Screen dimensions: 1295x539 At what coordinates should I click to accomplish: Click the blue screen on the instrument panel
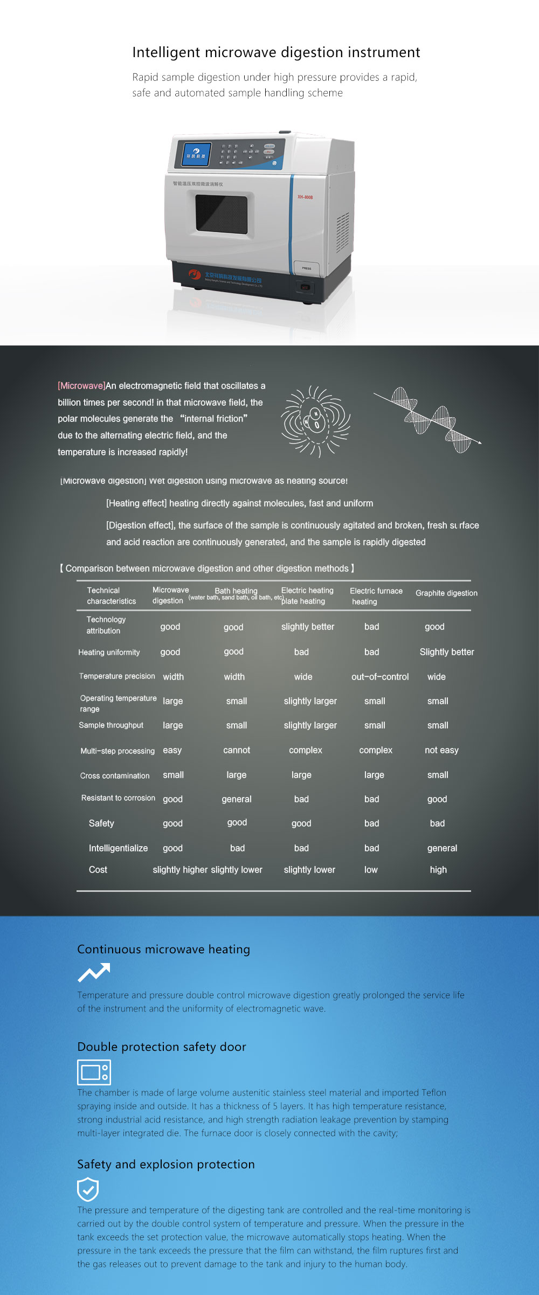[196, 154]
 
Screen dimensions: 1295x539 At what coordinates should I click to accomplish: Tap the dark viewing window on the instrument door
[222, 214]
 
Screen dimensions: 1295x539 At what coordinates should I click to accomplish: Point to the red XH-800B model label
[305, 197]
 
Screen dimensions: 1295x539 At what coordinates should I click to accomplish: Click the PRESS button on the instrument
[307, 268]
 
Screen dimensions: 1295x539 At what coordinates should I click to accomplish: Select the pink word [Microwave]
[81, 386]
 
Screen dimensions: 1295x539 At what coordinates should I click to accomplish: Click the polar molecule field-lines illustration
[316, 421]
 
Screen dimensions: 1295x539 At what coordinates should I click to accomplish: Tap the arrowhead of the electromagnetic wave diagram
[478, 442]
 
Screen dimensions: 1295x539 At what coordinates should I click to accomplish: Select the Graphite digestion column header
[446, 593]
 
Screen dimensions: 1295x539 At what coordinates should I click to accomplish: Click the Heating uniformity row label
[109, 652]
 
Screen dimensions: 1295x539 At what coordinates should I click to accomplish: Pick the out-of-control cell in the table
[380, 677]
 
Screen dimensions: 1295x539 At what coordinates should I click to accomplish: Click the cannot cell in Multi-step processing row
[237, 750]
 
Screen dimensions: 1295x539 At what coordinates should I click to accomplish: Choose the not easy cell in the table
[441, 750]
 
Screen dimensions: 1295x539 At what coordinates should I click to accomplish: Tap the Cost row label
[98, 870]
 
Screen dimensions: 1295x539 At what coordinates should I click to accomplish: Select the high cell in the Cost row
[438, 870]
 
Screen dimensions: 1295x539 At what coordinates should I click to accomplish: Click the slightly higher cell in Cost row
[180, 870]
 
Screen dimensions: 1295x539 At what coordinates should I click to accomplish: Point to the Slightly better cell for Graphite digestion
[447, 652]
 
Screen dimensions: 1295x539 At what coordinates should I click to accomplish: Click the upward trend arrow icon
[94, 972]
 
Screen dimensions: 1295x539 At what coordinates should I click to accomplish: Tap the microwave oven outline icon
[94, 1072]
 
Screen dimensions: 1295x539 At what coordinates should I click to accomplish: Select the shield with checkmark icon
[88, 1189]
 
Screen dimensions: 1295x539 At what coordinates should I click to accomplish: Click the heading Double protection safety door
[162, 1047]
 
